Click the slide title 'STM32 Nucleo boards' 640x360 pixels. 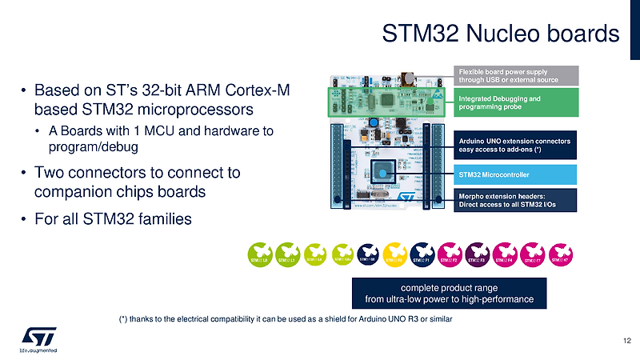500,34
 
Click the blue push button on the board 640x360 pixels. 374,122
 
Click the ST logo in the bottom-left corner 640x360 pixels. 37,336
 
